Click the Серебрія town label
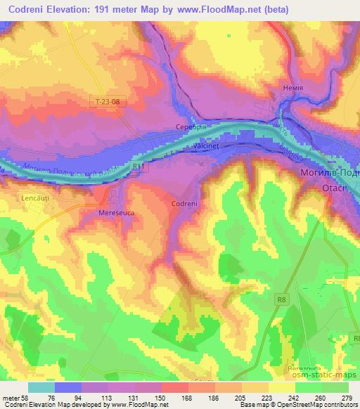pos(190,127)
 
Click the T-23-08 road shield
pos(108,102)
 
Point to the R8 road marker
pos(281,300)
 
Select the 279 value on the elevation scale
pos(347,398)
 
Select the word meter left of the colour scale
pos(10,398)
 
